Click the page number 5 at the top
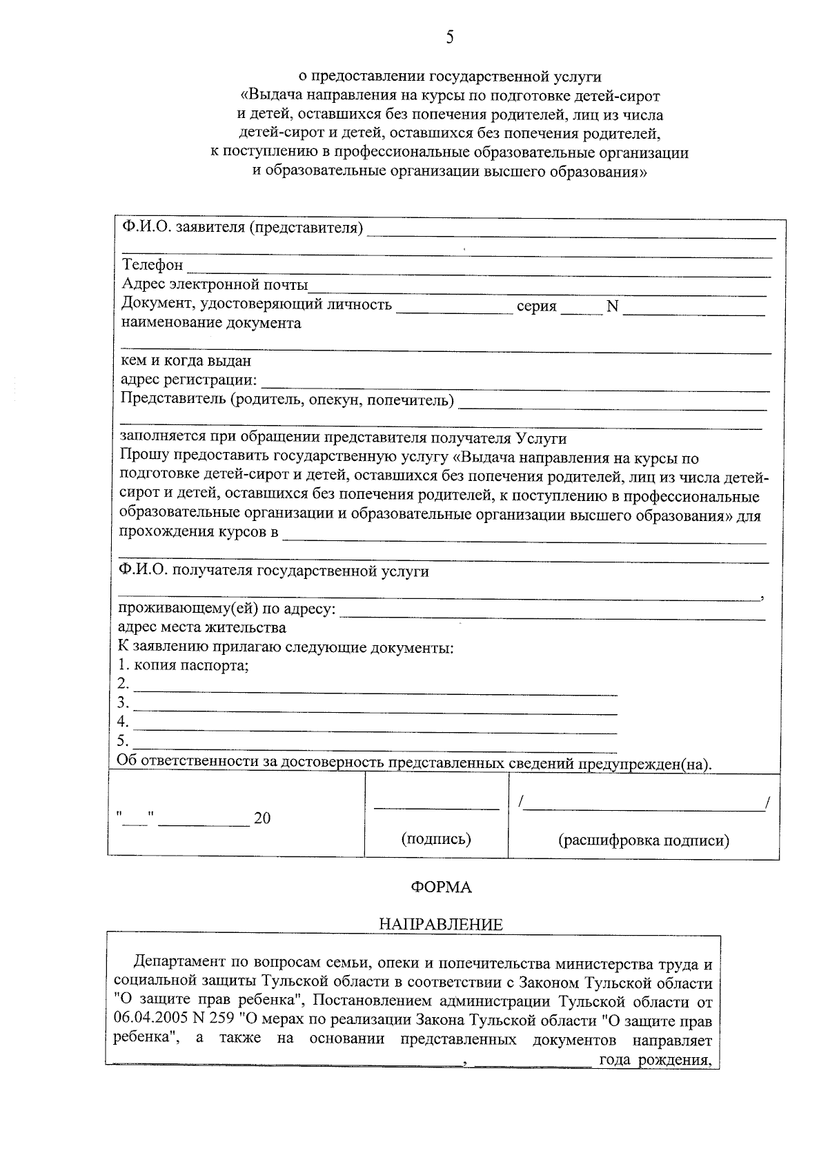(450, 37)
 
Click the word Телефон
(152, 265)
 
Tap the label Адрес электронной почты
(215, 284)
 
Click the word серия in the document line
(536, 306)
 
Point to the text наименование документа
(211, 323)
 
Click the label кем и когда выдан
(186, 360)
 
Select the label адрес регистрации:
(189, 380)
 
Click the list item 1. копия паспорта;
(183, 666)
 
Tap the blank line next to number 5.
(375, 748)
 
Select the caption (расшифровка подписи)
(643, 840)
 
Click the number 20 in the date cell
(262, 818)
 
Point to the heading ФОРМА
(442, 887)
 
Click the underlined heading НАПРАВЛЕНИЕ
(442, 925)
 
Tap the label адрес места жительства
(201, 628)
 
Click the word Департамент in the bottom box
(177, 962)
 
